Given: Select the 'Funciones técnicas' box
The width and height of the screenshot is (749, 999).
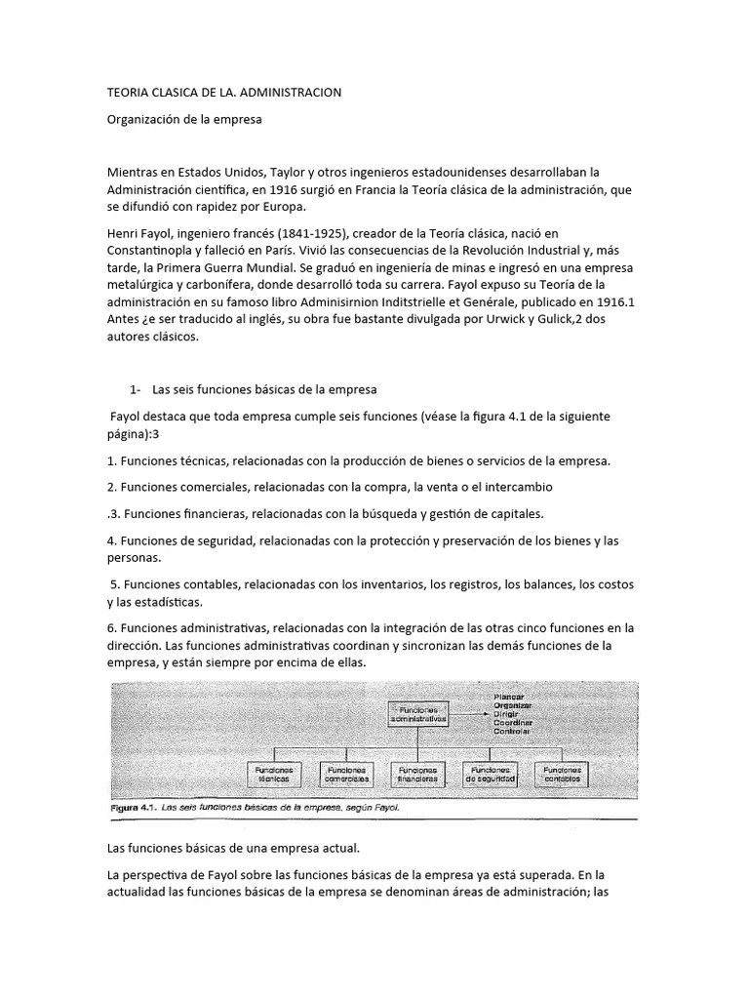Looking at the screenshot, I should click(274, 775).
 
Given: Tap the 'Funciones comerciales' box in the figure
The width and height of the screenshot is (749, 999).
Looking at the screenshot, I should click(346, 775).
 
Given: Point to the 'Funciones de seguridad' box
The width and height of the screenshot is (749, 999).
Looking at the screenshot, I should click(492, 775).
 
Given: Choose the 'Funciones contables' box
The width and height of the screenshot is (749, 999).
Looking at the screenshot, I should click(563, 775).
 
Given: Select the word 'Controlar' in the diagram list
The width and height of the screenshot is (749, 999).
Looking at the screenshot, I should click(514, 731).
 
